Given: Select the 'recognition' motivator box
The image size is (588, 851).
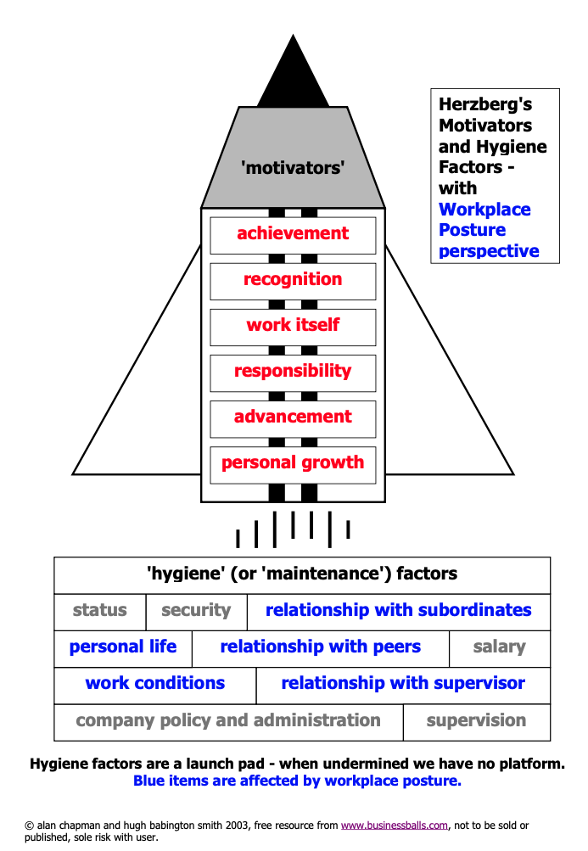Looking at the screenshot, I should (293, 281).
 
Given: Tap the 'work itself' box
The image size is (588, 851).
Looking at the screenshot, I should (293, 327).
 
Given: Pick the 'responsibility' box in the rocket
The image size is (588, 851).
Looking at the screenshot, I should (293, 372).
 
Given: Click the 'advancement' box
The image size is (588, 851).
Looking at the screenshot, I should (293, 418).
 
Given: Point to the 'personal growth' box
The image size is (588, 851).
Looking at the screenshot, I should (293, 464).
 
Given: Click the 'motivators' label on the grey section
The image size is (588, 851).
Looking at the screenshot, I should (293, 168).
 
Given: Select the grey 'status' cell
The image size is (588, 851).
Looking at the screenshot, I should (99, 611).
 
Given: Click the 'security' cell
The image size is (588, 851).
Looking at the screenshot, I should (196, 611).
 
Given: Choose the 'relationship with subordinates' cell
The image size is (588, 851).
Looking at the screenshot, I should (398, 611).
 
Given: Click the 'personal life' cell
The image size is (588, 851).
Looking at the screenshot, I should (123, 648).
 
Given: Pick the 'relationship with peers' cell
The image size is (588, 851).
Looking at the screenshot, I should (320, 648).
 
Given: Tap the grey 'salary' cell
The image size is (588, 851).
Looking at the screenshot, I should (499, 648).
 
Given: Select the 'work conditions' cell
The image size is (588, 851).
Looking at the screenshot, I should (154, 685).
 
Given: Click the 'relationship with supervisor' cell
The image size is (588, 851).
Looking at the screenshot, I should (403, 685).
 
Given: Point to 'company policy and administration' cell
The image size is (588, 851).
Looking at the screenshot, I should (228, 722).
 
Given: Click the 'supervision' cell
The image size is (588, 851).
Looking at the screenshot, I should (476, 722).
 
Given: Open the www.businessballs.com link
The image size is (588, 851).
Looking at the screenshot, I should (393, 825).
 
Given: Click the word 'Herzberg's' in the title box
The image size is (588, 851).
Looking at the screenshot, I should (485, 104).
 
